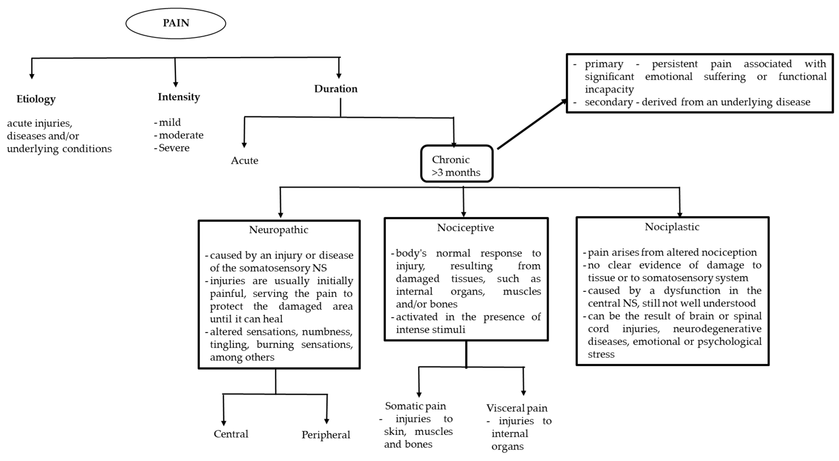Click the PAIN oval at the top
176,23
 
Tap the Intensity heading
179,97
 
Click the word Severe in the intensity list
174,148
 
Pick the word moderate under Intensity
181,135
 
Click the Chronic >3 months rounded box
456,164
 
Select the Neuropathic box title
278,230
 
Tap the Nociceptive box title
465,228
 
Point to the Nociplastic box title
672,227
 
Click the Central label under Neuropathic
231,434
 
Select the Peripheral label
326,435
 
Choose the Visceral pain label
517,408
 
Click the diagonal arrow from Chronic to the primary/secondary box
532,125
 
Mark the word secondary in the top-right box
608,102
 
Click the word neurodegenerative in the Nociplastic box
717,329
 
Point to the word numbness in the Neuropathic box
327,332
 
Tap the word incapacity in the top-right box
609,90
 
